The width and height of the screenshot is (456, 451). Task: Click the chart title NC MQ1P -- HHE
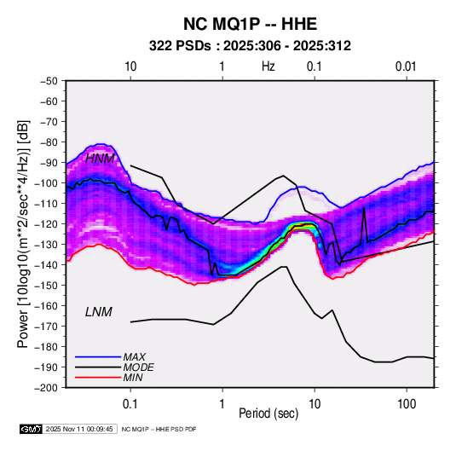[250, 24]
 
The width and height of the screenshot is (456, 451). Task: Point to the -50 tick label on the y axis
[49, 81]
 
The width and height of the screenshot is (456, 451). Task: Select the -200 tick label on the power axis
[47, 387]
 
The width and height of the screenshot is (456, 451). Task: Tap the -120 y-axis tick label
[47, 223]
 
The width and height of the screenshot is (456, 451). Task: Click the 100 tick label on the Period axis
[407, 403]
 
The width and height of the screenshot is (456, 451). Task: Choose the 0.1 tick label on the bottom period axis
[130, 403]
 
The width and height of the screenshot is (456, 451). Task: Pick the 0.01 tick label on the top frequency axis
[406, 66]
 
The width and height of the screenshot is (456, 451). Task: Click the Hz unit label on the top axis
[268, 66]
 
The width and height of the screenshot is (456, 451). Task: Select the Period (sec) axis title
[268, 413]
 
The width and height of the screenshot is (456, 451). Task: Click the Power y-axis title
[23, 234]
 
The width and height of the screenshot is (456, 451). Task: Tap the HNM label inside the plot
[100, 159]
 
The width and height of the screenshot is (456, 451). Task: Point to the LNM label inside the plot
[99, 312]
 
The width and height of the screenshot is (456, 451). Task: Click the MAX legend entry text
[135, 356]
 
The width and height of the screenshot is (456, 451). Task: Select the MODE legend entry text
[138, 367]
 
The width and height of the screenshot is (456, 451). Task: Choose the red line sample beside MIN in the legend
[98, 378]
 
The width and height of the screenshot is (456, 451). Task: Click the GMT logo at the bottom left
[32, 429]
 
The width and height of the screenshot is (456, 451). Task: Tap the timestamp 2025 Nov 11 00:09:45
[79, 429]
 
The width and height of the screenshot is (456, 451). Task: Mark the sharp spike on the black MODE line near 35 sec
[364, 208]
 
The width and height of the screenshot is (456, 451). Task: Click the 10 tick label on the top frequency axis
[130, 66]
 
